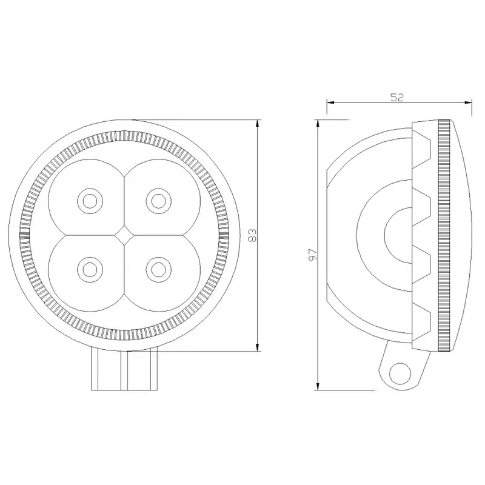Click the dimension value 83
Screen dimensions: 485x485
coord(253,235)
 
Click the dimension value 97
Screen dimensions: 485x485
coord(313,254)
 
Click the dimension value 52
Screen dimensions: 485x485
coord(397,98)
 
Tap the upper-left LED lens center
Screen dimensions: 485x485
coord(90,201)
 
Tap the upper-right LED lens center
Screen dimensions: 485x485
coord(158,201)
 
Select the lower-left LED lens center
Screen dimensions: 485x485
coord(90,269)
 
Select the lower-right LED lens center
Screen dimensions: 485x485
coord(158,269)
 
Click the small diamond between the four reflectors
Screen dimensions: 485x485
coord(124,235)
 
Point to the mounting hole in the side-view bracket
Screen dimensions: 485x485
coord(401,373)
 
